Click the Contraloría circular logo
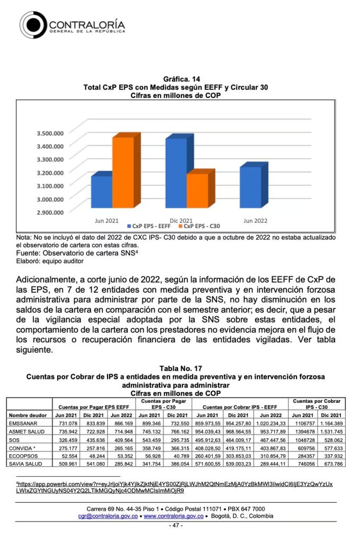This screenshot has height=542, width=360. coord(33,25)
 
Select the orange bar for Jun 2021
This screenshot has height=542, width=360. coord(123,173)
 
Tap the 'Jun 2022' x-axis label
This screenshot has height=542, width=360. coord(255,220)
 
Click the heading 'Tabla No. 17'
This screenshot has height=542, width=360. coord(180,368)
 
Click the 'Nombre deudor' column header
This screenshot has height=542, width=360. coord(26,414)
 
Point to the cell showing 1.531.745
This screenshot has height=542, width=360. coord(331,432)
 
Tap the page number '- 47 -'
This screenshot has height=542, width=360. coord(176,526)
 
